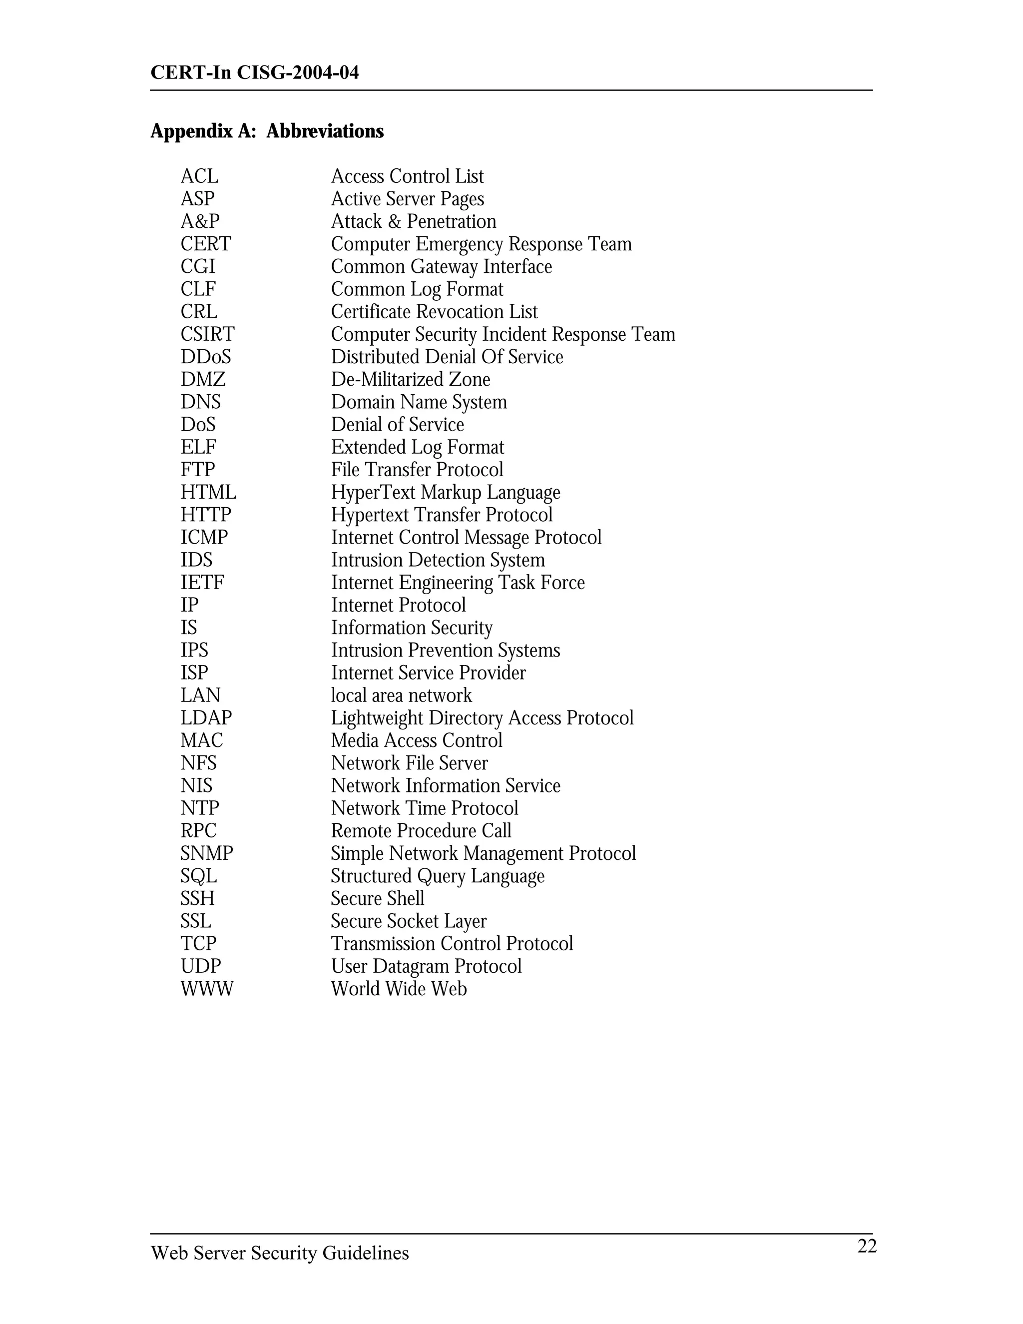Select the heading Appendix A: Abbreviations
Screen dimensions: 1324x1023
267,131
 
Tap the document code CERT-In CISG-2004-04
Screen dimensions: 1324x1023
255,73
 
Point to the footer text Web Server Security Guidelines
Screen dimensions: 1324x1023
279,1253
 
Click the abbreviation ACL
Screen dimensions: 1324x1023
199,176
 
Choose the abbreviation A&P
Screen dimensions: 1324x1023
200,221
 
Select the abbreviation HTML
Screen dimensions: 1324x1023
208,492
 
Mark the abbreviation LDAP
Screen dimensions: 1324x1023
206,718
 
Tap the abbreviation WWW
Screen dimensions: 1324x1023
207,988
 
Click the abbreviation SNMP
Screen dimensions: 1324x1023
207,853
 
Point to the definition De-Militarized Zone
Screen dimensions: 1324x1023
410,380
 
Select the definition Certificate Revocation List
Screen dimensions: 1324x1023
434,312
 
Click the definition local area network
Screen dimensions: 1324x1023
401,695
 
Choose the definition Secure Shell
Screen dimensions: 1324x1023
378,898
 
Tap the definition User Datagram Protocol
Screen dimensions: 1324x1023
426,966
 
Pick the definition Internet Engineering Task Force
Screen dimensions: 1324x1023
458,583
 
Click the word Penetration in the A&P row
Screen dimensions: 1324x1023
452,221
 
